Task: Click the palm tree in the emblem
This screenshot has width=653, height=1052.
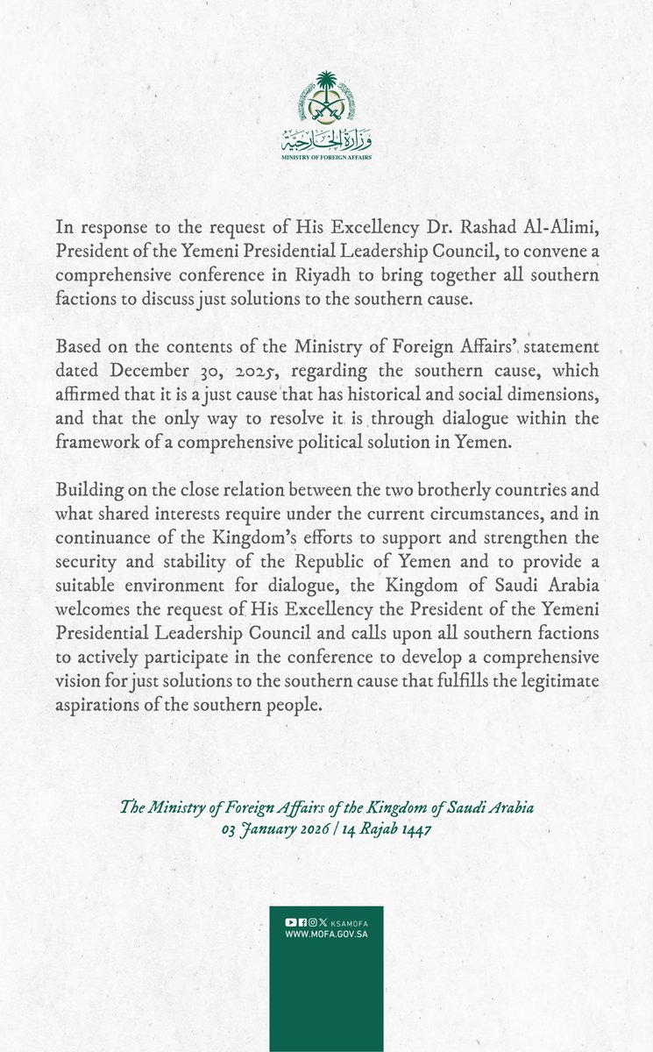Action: [326, 87]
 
